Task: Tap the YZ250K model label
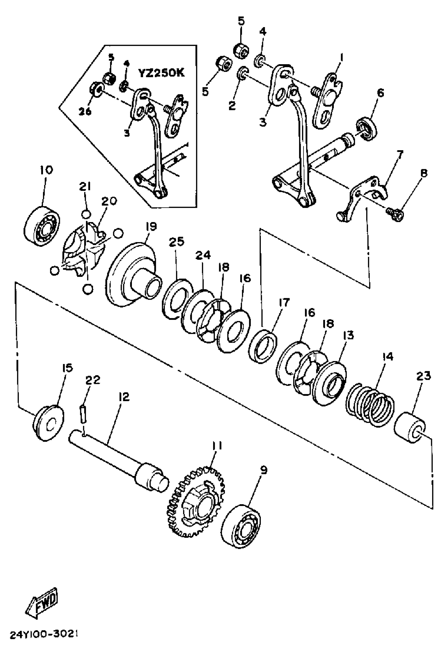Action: click(161, 73)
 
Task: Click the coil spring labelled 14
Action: click(370, 405)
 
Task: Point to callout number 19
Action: click(151, 227)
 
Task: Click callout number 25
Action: click(177, 242)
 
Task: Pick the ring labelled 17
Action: click(263, 346)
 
